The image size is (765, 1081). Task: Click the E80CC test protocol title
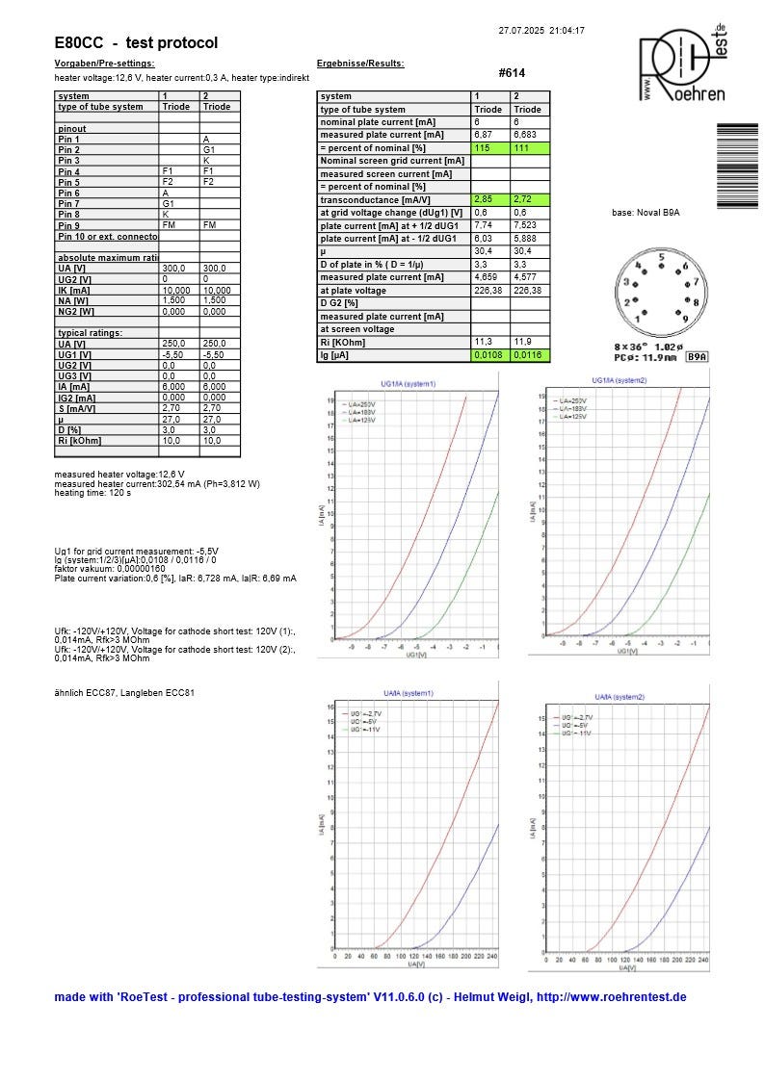coord(136,43)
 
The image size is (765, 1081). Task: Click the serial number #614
coord(512,73)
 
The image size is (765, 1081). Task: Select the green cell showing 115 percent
coord(489,147)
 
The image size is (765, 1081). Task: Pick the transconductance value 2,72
coord(529,198)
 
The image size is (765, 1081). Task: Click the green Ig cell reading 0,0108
coord(489,355)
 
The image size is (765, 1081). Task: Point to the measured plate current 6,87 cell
coord(489,135)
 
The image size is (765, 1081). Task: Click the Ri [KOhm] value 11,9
coord(529,342)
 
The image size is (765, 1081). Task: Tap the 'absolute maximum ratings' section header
coord(106,257)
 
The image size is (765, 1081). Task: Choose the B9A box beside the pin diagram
coord(697,356)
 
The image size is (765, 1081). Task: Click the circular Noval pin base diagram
coord(659,290)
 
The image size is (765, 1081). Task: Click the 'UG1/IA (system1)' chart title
coord(407,383)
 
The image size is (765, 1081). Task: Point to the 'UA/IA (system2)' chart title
coord(620,696)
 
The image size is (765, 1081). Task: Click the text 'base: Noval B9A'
coord(646,212)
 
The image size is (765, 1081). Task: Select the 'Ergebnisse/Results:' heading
coord(360,64)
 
